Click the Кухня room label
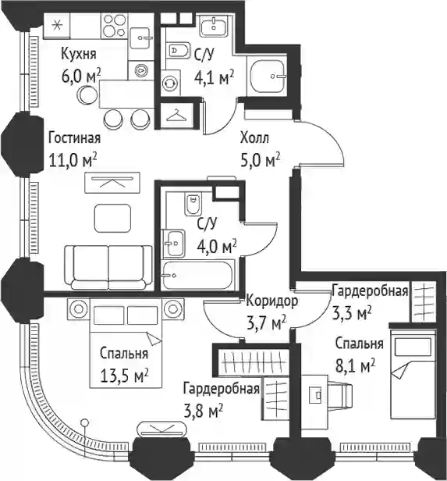(79, 54)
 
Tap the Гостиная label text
(74, 138)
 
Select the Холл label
(254, 138)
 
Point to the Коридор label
(271, 301)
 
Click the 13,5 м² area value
(124, 375)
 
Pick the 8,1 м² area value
(356, 366)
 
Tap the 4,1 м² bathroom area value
(215, 77)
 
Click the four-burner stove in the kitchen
(114, 26)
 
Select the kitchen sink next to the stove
(140, 38)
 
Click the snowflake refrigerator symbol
(57, 26)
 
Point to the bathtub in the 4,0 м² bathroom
(199, 275)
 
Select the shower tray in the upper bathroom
(267, 76)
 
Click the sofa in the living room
(108, 267)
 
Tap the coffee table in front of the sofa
(113, 219)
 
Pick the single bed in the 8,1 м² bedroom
(413, 374)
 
